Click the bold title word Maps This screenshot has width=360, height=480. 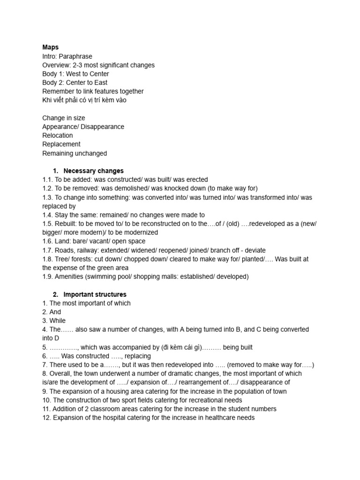click(50, 47)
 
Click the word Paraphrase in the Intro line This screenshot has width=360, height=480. click(76, 56)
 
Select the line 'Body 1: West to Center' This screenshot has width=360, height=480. click(75, 74)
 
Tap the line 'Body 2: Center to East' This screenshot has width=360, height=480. click(75, 82)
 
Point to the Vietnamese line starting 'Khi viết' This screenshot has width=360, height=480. click(84, 100)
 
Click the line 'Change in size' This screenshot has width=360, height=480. click(64, 118)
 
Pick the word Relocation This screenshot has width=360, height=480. click(58, 135)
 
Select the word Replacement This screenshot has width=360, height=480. click(61, 144)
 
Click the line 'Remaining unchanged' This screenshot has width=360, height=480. click(75, 153)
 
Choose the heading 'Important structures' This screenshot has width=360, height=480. click(95, 294)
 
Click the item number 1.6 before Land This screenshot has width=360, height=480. click(47, 241)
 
